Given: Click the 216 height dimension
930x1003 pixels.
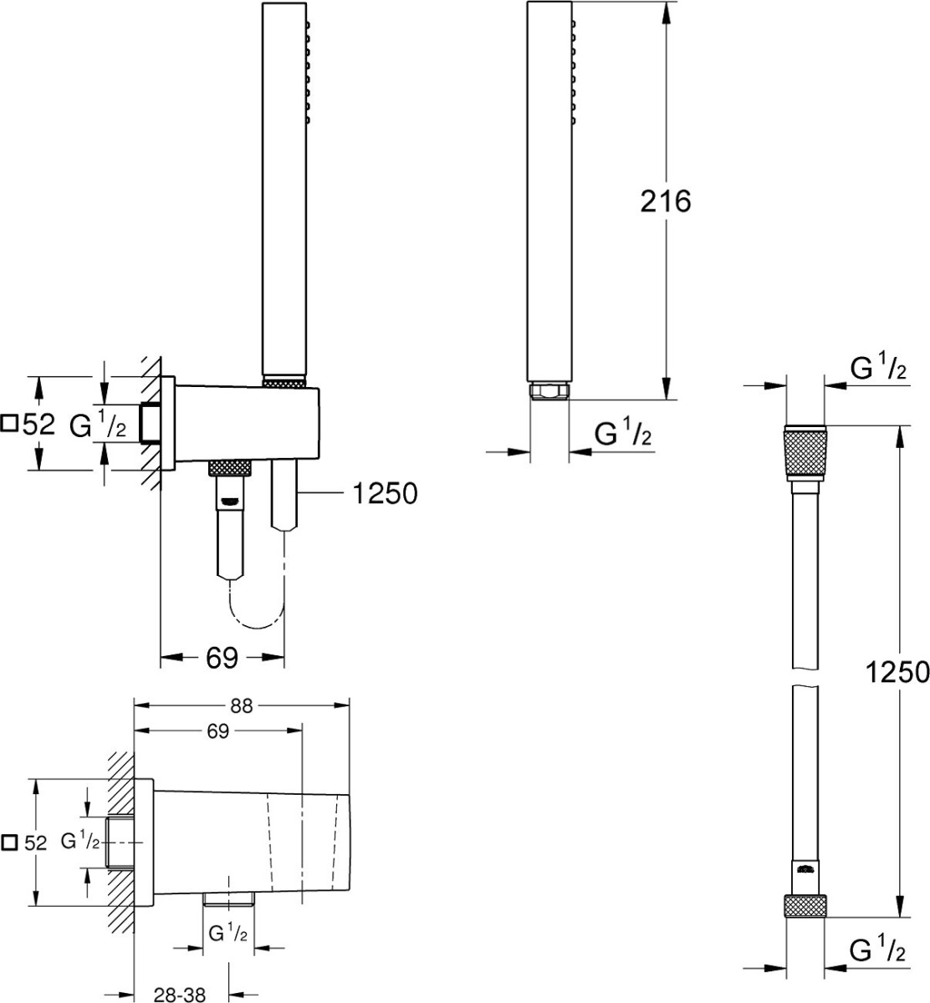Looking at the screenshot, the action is [x=665, y=201].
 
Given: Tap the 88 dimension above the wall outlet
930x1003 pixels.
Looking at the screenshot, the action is [x=241, y=705].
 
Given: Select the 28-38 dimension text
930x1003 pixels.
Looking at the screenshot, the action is [x=180, y=995].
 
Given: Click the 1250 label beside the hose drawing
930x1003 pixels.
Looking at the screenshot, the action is [x=897, y=672].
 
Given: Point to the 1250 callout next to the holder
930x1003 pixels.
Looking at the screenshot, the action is [x=386, y=493].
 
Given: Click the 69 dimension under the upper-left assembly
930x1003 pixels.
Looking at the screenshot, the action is [x=222, y=658].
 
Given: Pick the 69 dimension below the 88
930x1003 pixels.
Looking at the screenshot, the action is [x=217, y=731].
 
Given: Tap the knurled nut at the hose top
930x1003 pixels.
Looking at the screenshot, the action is [x=805, y=452].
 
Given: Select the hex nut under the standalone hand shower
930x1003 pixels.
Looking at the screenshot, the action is [x=549, y=391].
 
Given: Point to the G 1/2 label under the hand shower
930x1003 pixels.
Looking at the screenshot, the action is [x=623, y=434].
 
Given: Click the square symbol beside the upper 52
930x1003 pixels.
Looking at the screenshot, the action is [x=9, y=423].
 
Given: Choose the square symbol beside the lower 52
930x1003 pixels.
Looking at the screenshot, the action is [x=9, y=843].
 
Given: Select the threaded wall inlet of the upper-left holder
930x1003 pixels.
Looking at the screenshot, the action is [x=151, y=423].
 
